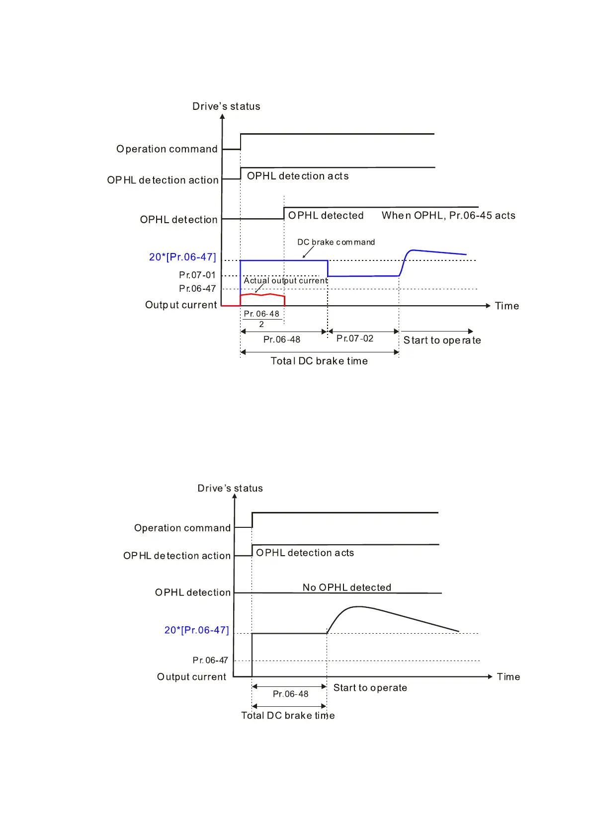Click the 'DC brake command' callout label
click(x=336, y=242)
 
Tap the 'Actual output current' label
click(x=285, y=281)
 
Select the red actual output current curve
click(x=262, y=295)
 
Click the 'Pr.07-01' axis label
click(x=197, y=275)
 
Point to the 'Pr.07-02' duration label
click(x=354, y=338)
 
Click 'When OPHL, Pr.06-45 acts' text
click(x=448, y=215)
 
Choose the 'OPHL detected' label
click(x=326, y=215)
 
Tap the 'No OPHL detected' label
click(x=346, y=587)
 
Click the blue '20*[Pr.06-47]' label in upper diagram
click(x=182, y=257)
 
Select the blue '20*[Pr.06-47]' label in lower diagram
click(x=196, y=630)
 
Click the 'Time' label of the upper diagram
click(x=507, y=306)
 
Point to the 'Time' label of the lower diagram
click(x=508, y=677)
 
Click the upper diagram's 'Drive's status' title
click(x=226, y=106)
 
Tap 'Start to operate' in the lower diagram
click(x=370, y=688)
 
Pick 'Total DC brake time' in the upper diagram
click(x=319, y=361)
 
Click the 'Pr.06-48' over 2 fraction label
click(x=261, y=319)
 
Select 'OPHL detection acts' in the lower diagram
click(x=305, y=553)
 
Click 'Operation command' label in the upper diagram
click(x=167, y=149)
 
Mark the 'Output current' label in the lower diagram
click(x=191, y=677)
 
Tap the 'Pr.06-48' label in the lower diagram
click(x=290, y=694)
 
